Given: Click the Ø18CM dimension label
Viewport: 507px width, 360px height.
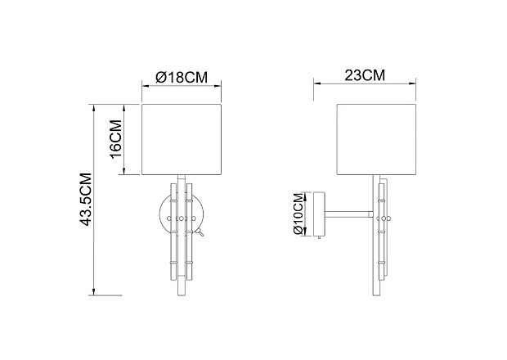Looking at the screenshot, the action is coord(182,78).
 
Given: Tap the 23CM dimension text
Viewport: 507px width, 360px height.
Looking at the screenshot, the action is coord(365,75).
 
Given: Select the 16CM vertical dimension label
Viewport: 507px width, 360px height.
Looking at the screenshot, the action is coord(115,139).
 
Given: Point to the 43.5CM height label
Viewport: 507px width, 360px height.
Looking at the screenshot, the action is coord(86,200).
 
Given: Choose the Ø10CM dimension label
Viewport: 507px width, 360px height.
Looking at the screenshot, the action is coord(298,214).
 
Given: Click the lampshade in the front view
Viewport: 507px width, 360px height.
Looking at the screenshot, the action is coord(182,140).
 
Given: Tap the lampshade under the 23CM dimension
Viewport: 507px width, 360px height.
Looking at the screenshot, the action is coord(376,140).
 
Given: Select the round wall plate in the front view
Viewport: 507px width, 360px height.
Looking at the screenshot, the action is coord(161,214).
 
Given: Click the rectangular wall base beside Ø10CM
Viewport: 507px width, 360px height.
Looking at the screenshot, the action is coord(319,214).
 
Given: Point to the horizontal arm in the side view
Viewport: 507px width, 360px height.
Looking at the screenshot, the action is coord(349,214).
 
